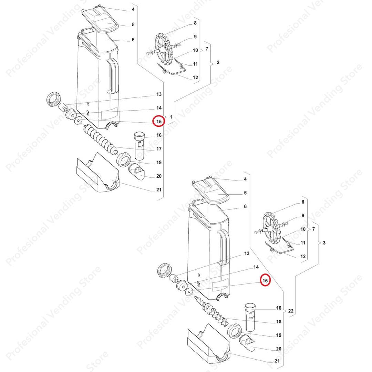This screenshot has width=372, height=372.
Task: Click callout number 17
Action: [159, 149]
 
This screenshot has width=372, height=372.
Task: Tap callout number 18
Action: [279, 321]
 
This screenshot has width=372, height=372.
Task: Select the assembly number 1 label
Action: [171, 117]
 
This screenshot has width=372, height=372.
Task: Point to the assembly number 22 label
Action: [291, 311]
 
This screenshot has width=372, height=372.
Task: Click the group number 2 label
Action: [218, 62]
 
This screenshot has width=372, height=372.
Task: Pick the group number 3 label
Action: [324, 243]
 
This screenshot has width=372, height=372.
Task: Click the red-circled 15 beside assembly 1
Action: [159, 121]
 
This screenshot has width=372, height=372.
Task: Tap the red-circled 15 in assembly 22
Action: [265, 280]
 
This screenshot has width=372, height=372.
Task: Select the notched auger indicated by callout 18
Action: [211, 311]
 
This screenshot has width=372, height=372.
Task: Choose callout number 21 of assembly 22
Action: [277, 361]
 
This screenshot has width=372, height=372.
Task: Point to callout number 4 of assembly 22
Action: [245, 179]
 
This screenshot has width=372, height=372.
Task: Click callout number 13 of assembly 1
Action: [159, 94]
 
